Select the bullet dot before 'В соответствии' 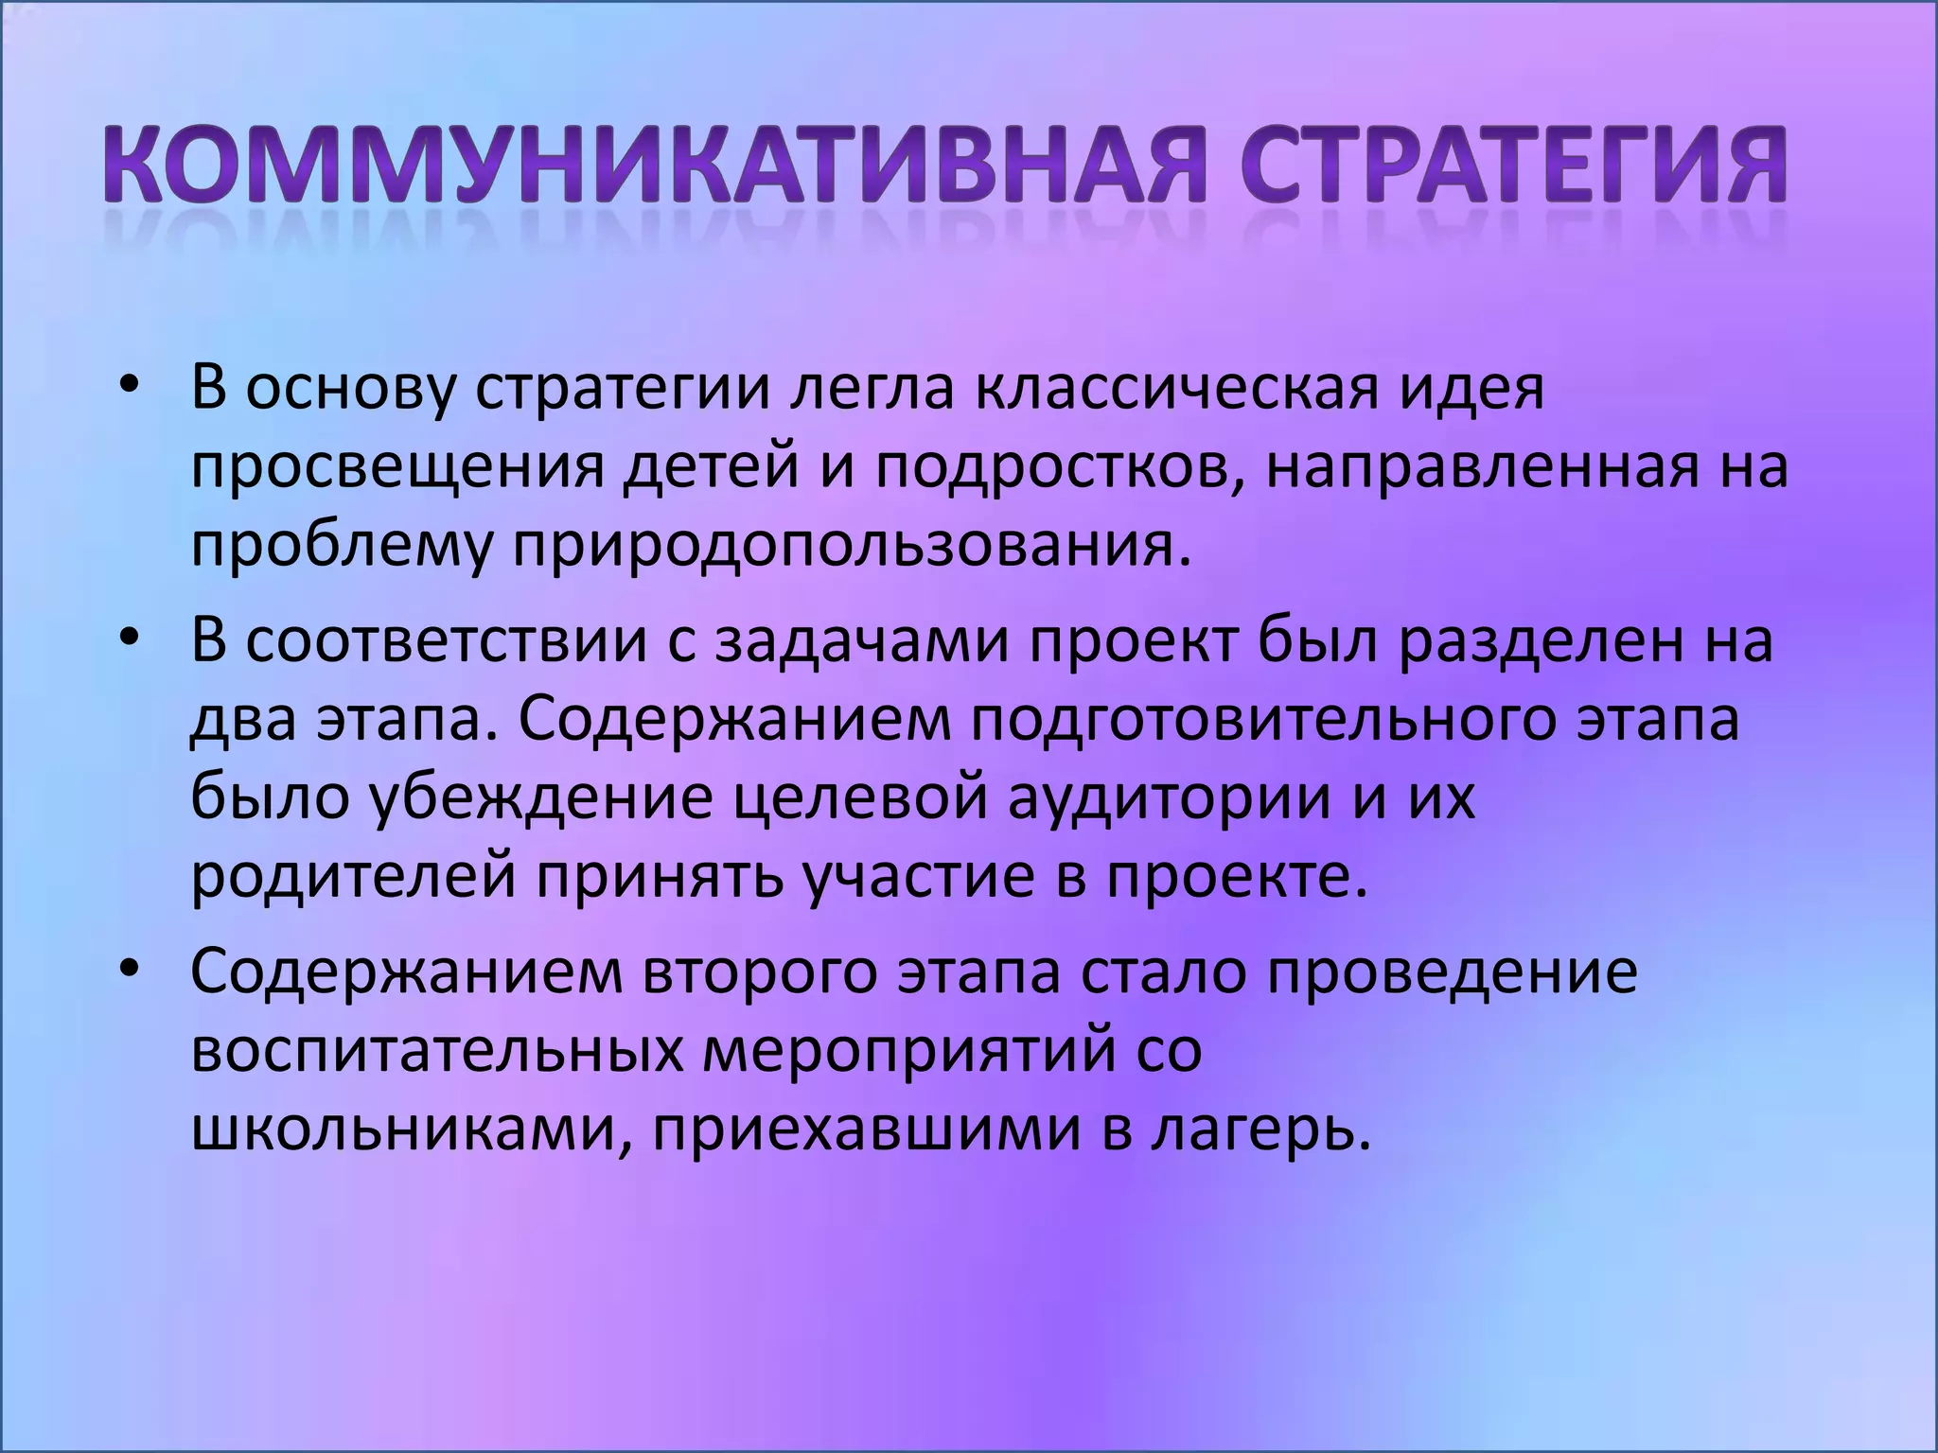click(x=130, y=640)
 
